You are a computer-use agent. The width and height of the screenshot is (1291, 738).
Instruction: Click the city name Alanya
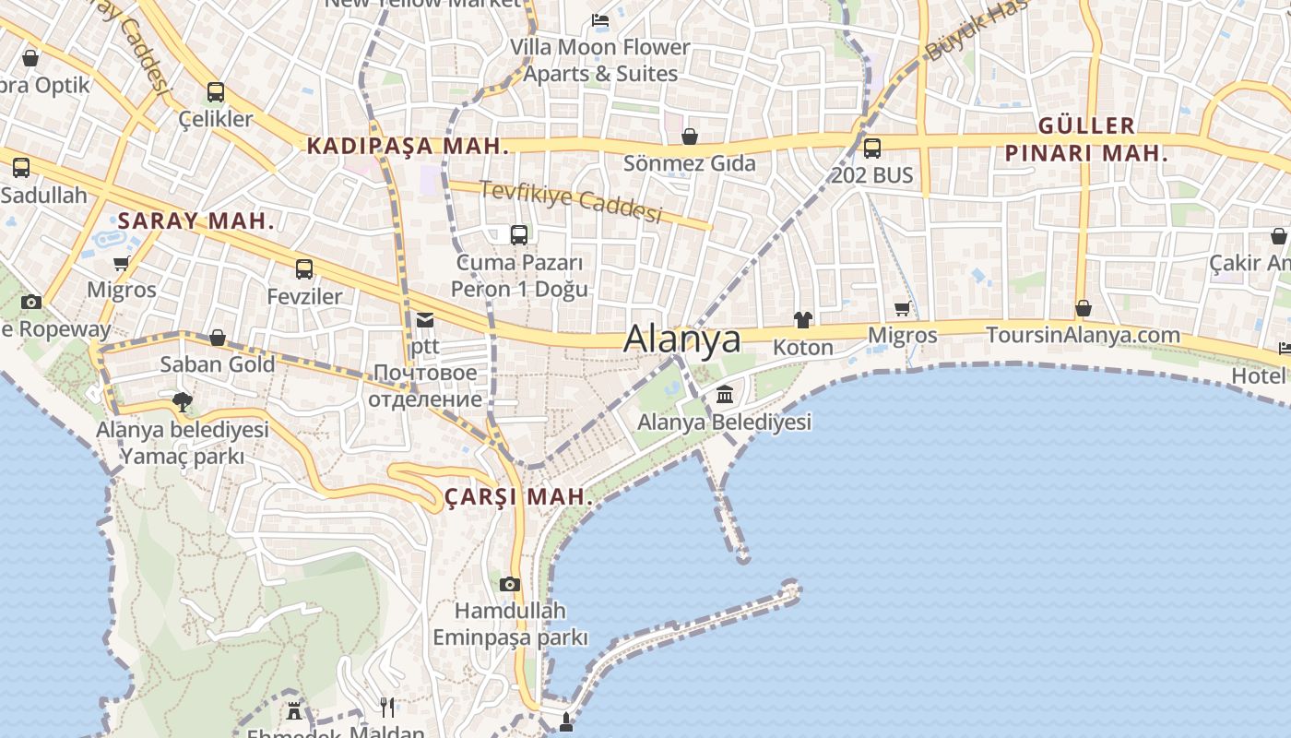coord(681,339)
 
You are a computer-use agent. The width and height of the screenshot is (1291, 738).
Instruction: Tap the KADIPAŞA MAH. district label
coord(408,146)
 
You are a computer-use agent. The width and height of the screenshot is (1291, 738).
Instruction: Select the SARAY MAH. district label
coord(196,220)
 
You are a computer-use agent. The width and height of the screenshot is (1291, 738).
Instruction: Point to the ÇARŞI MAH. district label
coord(518,496)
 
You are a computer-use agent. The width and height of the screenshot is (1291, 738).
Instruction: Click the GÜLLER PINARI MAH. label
coord(1086,139)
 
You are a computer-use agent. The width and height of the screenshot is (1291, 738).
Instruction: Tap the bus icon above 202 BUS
coord(871,148)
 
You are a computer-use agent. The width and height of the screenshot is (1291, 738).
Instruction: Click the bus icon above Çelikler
coord(215,92)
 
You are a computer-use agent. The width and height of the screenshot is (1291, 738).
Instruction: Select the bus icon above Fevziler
coord(303,269)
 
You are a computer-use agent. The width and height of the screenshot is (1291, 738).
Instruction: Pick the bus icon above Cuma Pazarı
coord(519,235)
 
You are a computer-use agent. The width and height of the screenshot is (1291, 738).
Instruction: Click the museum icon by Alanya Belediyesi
coord(725,395)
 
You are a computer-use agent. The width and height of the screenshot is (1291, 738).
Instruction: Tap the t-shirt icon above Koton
coord(803,320)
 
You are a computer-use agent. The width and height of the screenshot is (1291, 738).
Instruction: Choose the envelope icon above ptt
coord(424,320)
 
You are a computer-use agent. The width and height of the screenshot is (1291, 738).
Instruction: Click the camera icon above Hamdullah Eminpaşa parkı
coord(510,584)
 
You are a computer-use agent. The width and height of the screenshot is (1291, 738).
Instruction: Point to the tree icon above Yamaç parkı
coord(183,401)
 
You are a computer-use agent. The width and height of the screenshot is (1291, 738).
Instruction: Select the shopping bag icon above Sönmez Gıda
coord(689,137)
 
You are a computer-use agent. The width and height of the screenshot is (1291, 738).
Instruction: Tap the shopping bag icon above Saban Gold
coord(218,338)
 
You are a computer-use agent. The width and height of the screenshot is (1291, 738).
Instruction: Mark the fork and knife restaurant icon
coord(387,708)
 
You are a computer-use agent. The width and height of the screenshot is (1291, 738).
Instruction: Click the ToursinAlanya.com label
coord(1083,335)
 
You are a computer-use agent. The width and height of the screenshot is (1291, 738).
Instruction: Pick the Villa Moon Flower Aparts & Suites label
coord(600,60)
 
